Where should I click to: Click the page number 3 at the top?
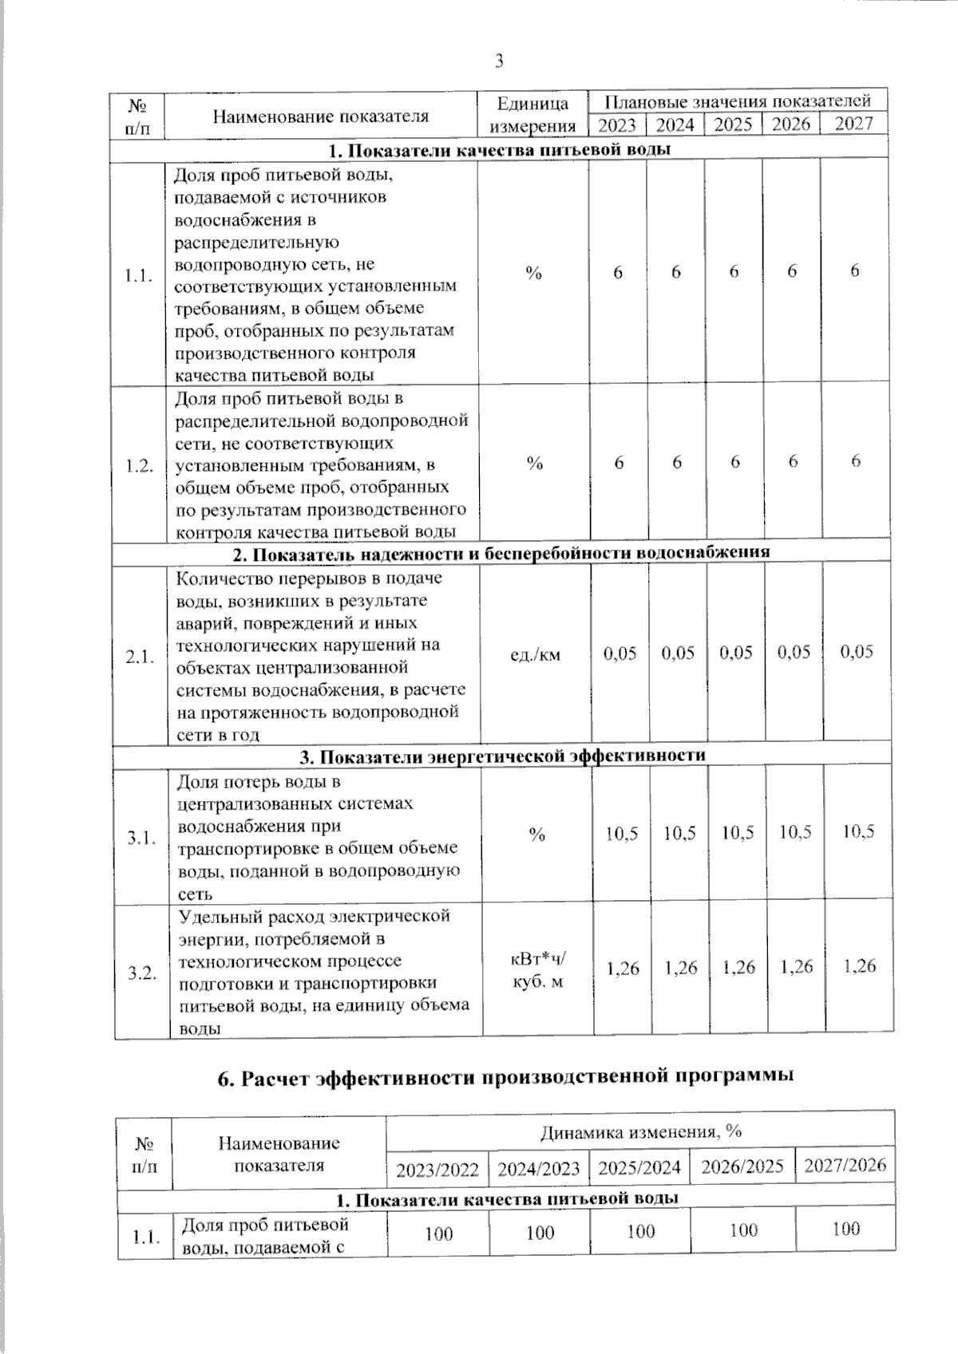coord(499,61)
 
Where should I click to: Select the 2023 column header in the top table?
coord(617,124)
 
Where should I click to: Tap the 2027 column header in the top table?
coord(853,124)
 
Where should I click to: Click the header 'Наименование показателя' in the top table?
coord(320,116)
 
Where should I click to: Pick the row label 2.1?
coord(140,658)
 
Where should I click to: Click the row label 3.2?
coord(142,973)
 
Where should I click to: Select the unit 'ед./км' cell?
coord(535,655)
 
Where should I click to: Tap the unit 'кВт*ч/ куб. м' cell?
coord(537,970)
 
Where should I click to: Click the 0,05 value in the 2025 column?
coord(736,653)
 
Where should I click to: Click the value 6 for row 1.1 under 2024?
coord(676,272)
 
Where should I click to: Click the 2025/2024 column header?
coord(640,1168)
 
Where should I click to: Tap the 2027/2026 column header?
coord(845,1165)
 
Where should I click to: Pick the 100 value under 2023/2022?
coord(438,1234)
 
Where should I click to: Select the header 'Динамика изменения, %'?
coord(640,1131)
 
